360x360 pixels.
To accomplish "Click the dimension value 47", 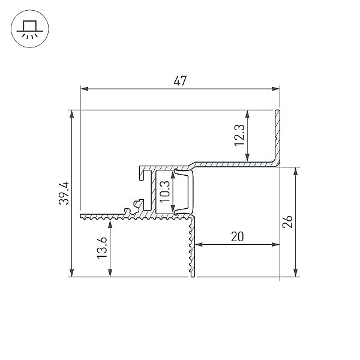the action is (x=180, y=81).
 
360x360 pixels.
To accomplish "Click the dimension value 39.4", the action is (x=64, y=193).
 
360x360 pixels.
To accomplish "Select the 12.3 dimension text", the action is (x=239, y=135).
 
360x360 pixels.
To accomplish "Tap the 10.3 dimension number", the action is (x=165, y=191).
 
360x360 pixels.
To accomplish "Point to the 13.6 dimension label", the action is (x=102, y=248).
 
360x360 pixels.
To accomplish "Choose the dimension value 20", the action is (x=237, y=237).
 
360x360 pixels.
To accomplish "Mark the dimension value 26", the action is (x=287, y=221).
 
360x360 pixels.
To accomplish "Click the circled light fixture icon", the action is (x=30, y=29).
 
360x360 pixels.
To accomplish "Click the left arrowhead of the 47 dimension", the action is (x=85, y=89).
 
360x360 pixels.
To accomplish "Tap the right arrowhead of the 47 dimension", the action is (x=275, y=89).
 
